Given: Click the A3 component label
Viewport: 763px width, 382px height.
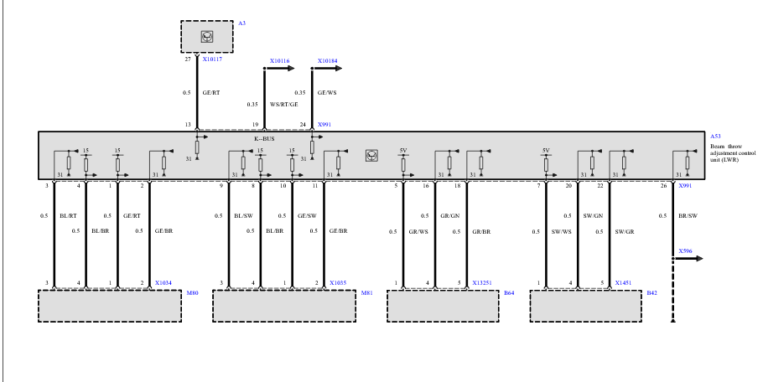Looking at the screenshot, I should point(241,23).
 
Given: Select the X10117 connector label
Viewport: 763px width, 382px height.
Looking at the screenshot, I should point(211,60).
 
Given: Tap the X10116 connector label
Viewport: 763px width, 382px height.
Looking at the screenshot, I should point(279,61).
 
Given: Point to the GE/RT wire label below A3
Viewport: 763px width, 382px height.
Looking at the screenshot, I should point(210,93).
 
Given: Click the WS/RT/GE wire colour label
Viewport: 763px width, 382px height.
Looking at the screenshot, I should point(283,104).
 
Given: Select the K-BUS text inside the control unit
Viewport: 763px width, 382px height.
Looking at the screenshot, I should point(252,139).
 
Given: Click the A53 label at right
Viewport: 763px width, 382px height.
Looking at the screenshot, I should point(715,136).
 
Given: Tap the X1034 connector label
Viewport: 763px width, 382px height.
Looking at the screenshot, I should point(163,283).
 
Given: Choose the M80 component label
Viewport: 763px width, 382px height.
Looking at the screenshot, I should point(192,293).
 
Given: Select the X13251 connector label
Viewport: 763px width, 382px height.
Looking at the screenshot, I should point(482,283).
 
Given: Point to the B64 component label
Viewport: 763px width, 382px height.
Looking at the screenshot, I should point(508,293).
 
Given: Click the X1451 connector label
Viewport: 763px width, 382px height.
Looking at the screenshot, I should point(623,283).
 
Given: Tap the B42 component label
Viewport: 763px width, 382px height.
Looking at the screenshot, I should point(651,293).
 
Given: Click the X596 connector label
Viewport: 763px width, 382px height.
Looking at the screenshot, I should point(686,250).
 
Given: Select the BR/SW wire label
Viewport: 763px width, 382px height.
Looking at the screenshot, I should point(687,215).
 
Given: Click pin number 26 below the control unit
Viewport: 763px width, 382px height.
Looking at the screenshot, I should point(664,185).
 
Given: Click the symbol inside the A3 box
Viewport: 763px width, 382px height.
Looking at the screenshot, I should point(206,36).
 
